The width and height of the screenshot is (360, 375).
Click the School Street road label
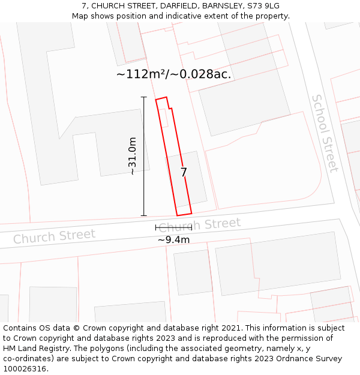pos(325,133)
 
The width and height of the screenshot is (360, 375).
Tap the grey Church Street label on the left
pos(54,236)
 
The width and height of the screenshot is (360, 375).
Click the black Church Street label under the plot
pos(200,225)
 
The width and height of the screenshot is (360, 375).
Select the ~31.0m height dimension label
pos(133,156)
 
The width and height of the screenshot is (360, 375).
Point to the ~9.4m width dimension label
pos(173,240)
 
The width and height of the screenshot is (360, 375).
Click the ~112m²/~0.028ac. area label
pos(173,74)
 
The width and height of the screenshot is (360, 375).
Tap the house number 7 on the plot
pos(184,172)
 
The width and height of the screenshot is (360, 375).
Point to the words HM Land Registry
pos(30,349)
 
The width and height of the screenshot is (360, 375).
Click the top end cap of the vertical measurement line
pos(143,97)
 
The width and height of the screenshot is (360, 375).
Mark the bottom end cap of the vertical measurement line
pos(143,215)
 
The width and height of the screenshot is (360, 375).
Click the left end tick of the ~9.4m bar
pos(156,227)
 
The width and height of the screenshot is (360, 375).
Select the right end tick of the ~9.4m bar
pos(191,227)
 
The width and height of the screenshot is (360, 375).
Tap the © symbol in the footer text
pos(76,328)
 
